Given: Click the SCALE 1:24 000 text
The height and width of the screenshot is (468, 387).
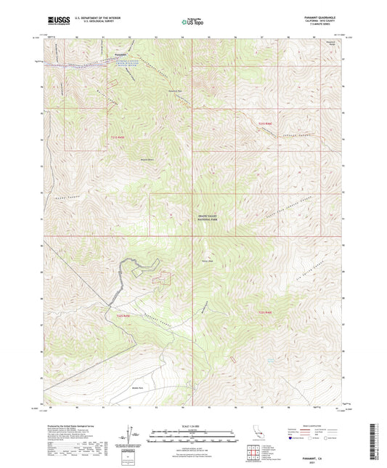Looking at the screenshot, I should [192, 426].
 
